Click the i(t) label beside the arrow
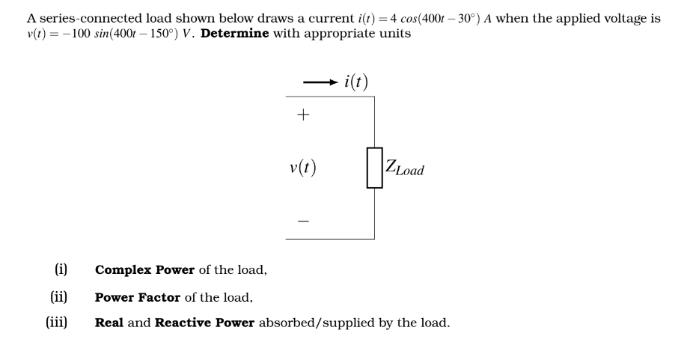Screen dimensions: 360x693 [x=355, y=82]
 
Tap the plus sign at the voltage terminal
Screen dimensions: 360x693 [x=303, y=115]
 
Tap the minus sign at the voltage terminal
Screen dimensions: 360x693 [x=303, y=221]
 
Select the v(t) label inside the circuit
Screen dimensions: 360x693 [x=302, y=168]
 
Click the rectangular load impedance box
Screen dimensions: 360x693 [x=375, y=168]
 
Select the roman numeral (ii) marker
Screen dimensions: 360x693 [x=59, y=296]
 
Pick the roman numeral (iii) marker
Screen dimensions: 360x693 [x=57, y=323]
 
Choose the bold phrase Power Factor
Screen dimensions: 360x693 [x=138, y=297]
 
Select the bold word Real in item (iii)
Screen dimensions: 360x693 [x=111, y=323]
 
